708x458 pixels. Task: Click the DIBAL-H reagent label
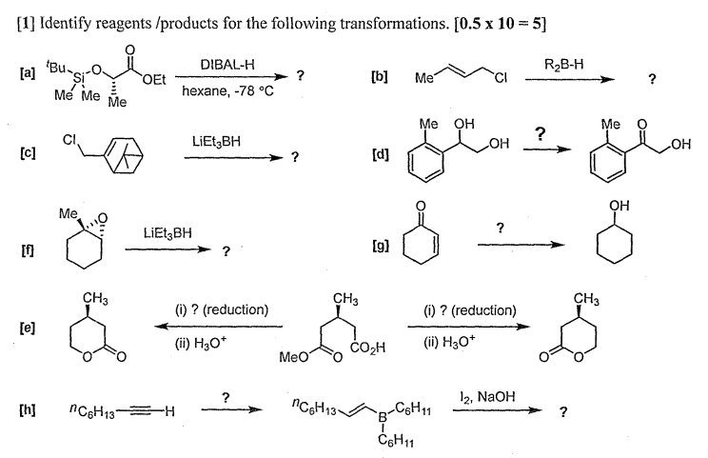point(225,64)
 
